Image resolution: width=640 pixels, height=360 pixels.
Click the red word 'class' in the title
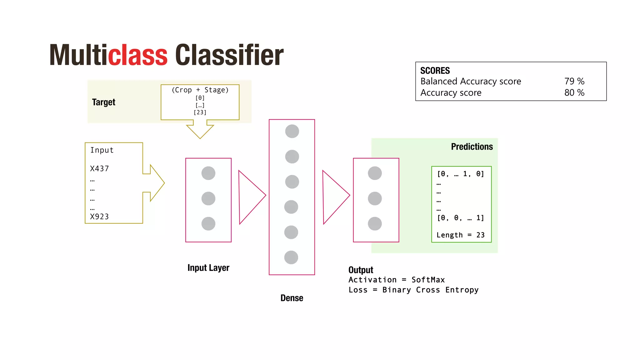tap(138, 55)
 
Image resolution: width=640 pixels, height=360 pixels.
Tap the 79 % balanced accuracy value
tap(574, 81)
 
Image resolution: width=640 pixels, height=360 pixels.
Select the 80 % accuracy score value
tap(574, 93)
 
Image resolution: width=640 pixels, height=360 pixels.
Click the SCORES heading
tap(435, 71)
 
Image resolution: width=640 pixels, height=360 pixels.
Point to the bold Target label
tap(103, 102)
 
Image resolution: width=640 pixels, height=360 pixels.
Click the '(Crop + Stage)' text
tap(200, 90)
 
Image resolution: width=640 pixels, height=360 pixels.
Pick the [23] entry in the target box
tap(200, 112)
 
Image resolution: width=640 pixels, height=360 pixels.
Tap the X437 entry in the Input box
tap(99, 169)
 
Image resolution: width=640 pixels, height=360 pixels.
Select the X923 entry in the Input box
tap(99, 217)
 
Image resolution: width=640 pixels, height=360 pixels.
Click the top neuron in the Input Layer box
tap(208, 173)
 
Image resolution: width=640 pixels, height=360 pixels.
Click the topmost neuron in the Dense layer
tap(292, 131)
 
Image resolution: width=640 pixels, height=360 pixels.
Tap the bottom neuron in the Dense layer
tap(291, 257)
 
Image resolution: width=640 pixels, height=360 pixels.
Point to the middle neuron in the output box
tap(375, 198)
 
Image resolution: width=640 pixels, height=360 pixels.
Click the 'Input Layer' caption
tap(208, 268)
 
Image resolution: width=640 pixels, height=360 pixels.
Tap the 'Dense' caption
tap(292, 298)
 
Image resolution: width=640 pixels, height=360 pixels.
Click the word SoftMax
tap(428, 280)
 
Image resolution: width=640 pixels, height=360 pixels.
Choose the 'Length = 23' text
tap(460, 235)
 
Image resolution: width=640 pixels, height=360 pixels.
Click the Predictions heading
tap(472, 147)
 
